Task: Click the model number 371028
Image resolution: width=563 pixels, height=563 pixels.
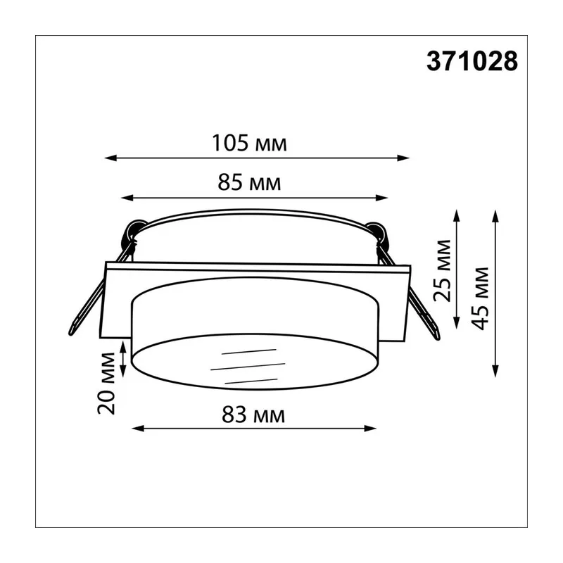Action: point(472,61)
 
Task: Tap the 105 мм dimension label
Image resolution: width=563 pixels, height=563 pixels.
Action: point(250,143)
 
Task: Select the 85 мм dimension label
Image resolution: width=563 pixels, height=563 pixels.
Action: point(249,182)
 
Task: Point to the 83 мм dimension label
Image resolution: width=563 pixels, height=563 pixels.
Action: point(253,415)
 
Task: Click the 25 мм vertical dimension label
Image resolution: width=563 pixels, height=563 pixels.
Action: point(442,271)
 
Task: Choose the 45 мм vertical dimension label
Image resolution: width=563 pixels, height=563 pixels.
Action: point(481,298)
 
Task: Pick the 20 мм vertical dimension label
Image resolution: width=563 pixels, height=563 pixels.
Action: point(107,384)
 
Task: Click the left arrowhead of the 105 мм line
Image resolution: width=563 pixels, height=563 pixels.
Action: point(111,158)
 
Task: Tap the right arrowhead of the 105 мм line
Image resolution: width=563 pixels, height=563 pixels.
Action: point(403,158)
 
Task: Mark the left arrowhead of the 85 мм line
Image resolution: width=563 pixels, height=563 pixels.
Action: point(127,198)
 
